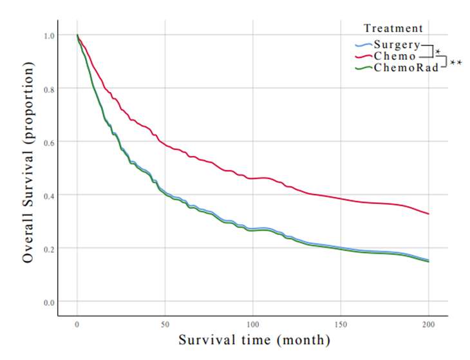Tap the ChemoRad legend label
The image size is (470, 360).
[406, 67]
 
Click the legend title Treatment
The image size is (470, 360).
[393, 28]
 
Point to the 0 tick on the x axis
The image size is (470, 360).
[77, 325]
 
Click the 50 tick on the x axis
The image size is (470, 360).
[165, 325]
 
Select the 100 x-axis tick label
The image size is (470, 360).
[253, 325]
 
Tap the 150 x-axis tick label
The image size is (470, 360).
[341, 325]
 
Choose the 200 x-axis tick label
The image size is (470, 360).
[428, 325]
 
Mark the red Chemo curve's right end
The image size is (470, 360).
[428, 214]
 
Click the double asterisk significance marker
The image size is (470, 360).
[456, 63]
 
